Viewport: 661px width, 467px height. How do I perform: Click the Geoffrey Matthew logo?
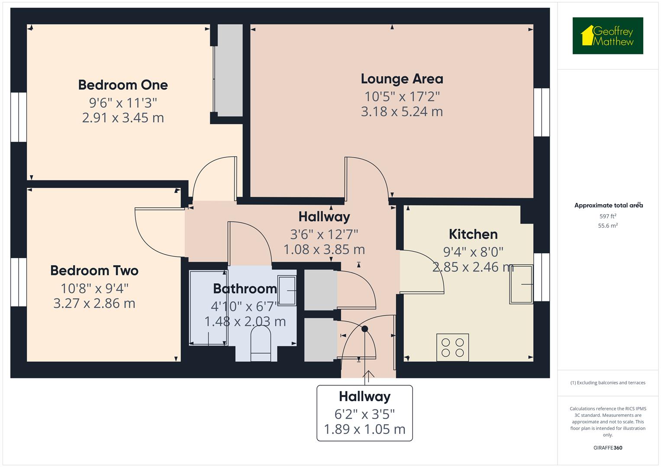[607, 36]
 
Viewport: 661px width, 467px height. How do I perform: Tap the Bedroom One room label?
[123, 85]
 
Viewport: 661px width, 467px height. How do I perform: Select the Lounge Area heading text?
[402, 79]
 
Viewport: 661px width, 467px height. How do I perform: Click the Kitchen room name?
[473, 234]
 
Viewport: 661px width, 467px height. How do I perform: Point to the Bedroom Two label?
[94, 270]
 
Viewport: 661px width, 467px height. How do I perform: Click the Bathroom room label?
[245, 288]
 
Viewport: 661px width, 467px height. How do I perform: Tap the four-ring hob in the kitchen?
[452, 347]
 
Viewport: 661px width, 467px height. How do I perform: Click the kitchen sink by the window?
[521, 284]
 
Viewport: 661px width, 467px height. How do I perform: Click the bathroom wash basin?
[287, 291]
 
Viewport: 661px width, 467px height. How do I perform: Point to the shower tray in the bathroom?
[208, 308]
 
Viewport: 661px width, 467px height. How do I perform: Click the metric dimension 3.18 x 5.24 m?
[402, 112]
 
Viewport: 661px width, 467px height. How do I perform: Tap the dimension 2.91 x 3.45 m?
[123, 118]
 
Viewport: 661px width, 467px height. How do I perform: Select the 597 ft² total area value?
[608, 216]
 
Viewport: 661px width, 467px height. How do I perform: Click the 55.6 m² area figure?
[608, 226]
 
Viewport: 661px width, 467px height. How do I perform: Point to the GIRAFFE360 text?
[608, 448]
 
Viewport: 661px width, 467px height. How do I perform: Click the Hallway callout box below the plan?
[364, 413]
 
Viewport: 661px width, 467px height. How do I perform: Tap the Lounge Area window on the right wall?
[542, 112]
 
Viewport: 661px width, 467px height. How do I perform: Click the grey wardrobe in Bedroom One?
[230, 70]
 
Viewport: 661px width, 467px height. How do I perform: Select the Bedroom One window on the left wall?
[19, 117]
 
